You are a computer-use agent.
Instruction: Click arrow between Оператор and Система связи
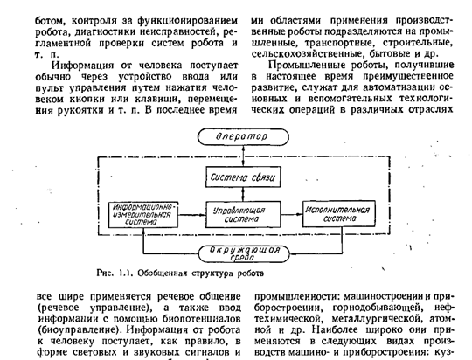click(243, 156)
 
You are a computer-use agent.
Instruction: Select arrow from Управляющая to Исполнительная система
click(292, 214)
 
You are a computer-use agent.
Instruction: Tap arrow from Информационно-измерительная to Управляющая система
click(192, 215)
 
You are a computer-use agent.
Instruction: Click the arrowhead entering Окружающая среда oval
click(293, 253)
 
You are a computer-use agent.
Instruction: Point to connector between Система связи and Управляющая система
click(243, 195)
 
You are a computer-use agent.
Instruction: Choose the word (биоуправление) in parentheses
click(80, 330)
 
